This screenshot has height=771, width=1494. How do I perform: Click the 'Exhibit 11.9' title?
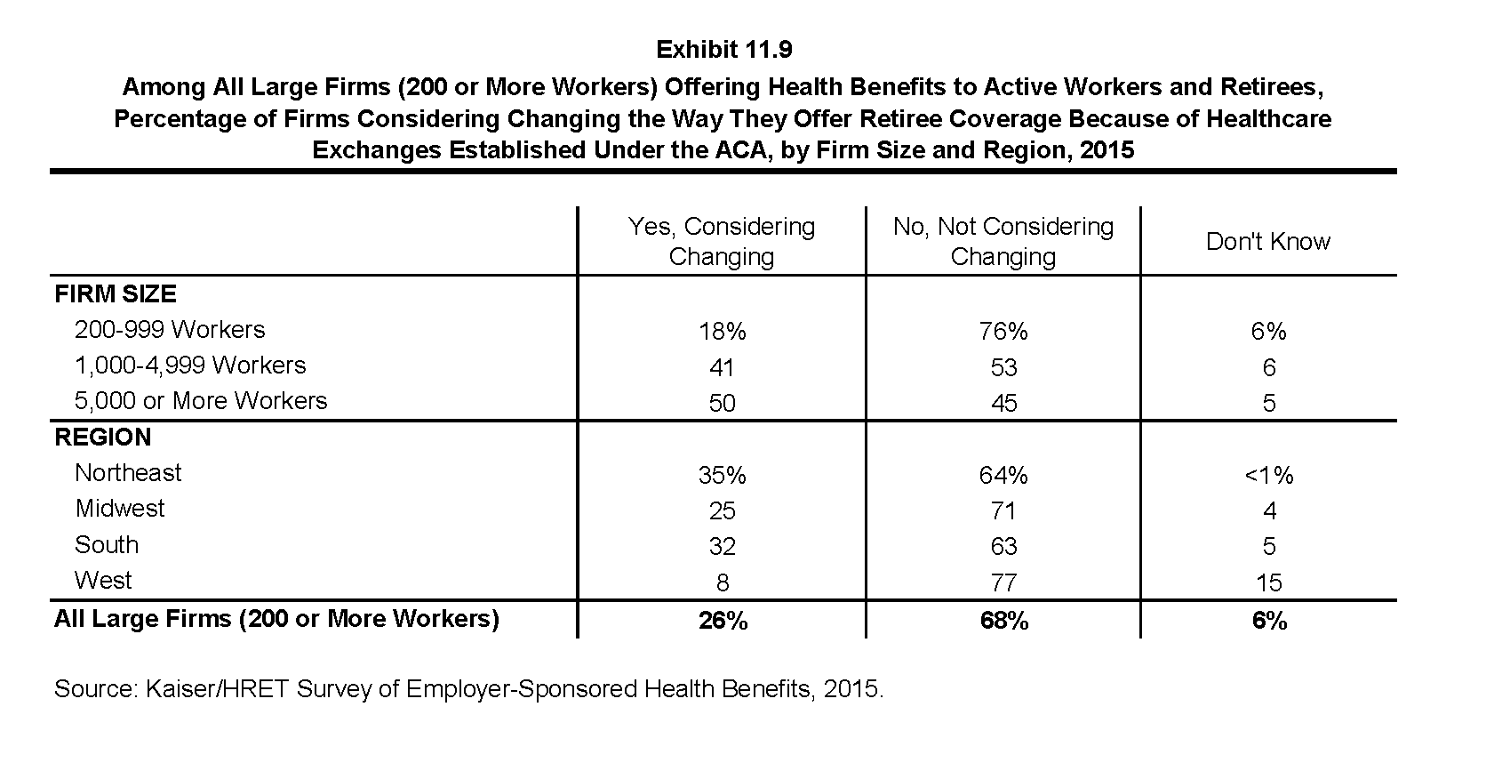[723, 50]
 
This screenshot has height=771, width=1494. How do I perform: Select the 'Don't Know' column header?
[1268, 241]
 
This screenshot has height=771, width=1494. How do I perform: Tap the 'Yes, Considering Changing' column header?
[722, 242]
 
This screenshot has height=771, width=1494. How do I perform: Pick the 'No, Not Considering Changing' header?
[1003, 242]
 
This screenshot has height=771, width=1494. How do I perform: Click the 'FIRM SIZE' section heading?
[116, 293]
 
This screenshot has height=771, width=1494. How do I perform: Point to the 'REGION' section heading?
[103, 437]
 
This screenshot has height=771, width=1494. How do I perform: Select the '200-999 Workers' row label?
[170, 330]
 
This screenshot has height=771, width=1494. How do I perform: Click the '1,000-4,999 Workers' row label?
[190, 365]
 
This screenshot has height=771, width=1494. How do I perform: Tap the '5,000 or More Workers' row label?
[201, 400]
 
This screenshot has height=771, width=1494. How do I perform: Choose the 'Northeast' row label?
[128, 472]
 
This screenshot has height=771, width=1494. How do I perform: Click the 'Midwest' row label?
[120, 509]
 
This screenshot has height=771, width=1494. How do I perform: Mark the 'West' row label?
[103, 580]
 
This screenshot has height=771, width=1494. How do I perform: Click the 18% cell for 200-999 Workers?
[723, 331]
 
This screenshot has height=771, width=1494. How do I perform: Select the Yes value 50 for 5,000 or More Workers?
[723, 403]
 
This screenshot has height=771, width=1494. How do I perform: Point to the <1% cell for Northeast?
[1269, 475]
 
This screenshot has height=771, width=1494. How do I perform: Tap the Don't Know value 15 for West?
[1269, 582]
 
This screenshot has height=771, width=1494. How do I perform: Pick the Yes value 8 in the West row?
[723, 582]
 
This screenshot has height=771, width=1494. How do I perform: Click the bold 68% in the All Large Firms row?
[1003, 621]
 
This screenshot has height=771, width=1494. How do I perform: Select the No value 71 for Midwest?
[1003, 511]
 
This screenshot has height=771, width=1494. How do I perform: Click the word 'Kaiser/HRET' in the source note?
[218, 689]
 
